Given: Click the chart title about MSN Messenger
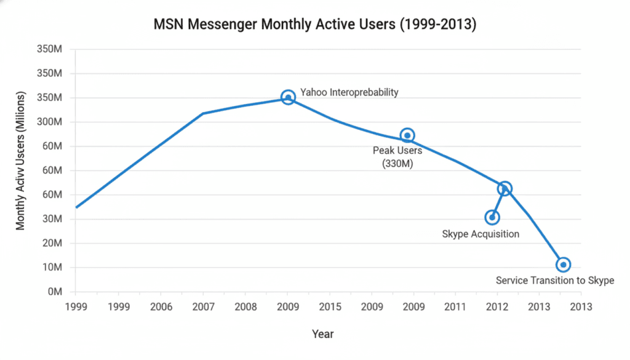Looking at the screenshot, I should [x=315, y=25].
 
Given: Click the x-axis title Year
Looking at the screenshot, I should [x=322, y=334].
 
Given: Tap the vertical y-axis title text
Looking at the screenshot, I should [x=21, y=161].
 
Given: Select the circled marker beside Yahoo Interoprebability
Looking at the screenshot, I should [x=288, y=97].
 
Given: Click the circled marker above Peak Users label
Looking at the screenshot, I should [x=407, y=135].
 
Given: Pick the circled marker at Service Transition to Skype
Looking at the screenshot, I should [x=563, y=265].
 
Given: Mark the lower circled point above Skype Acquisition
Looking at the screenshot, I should [x=492, y=217].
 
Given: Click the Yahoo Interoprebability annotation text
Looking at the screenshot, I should [x=349, y=92].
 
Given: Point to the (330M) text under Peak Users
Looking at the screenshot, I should [x=397, y=162].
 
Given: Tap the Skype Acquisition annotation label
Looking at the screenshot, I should [x=480, y=234].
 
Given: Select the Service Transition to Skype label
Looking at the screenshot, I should [x=555, y=281].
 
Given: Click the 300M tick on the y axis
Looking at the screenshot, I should [x=53, y=122].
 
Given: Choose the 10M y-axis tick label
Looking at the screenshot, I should [x=54, y=268].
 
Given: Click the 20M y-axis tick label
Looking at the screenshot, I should [x=54, y=243].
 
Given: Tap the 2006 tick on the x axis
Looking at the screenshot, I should [x=161, y=306].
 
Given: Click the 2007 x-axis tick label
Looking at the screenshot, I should [x=203, y=306].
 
